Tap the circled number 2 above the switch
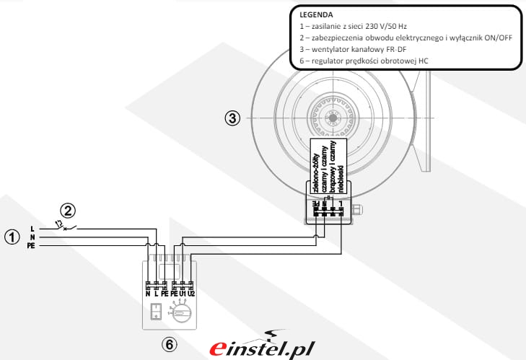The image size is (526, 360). tap(66, 211)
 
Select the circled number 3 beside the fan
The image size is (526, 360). tap(232, 118)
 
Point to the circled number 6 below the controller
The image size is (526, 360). tap(169, 345)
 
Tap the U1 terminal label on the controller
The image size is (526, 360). tap(183, 294)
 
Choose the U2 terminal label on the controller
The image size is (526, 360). tap(192, 294)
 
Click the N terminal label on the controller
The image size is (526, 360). tap(148, 294)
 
